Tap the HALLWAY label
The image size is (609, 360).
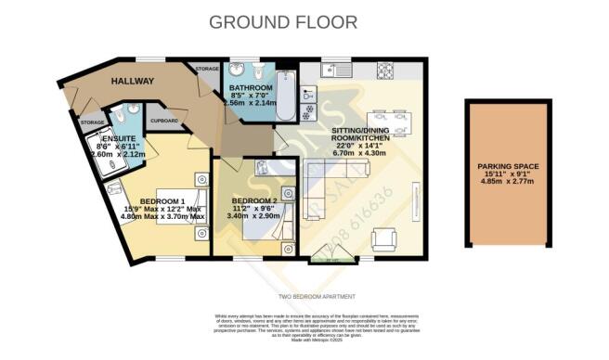(x=133, y=82)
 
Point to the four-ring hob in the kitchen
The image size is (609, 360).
(x=382, y=71)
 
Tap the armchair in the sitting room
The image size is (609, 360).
(x=382, y=240)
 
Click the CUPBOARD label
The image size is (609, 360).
(x=163, y=121)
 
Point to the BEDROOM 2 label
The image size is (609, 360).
(x=253, y=201)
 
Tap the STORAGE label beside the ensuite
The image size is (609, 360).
(x=92, y=122)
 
